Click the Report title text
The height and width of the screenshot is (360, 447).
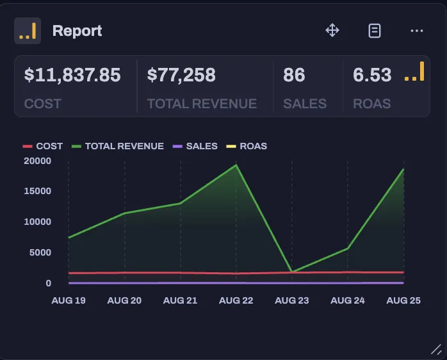point(77,31)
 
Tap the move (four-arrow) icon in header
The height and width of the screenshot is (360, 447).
point(332,30)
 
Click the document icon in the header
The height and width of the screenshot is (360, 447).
point(375,30)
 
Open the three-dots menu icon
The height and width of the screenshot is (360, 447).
point(417,30)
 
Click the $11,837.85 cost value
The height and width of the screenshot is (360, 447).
point(72,76)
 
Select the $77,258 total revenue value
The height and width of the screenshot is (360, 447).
point(181,76)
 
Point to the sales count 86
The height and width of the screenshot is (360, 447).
point(294,76)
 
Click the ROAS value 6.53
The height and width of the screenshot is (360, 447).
point(372,76)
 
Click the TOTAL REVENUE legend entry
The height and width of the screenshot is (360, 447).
point(124,146)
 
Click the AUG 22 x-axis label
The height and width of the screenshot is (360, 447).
point(236,300)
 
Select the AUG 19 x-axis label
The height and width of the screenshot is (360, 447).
point(69,300)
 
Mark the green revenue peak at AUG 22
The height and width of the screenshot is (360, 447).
point(236,165)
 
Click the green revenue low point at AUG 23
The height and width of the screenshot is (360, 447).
point(292,271)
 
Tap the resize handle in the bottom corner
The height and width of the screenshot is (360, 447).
point(435,349)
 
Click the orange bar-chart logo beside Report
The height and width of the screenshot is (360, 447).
point(28,31)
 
